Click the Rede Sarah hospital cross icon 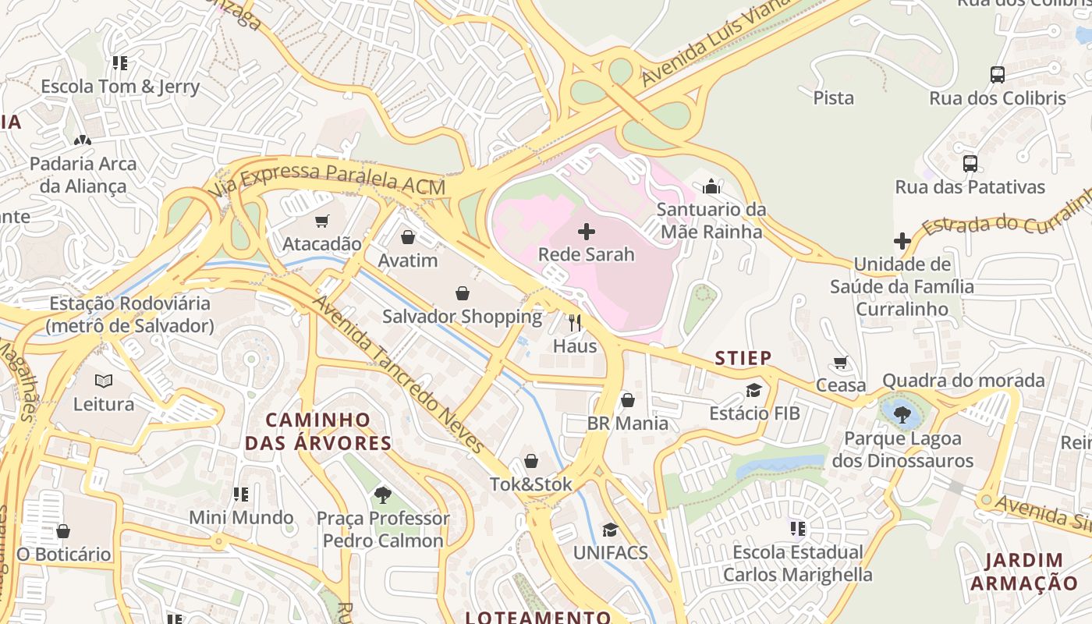point(587,231)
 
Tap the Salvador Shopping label point(462,317)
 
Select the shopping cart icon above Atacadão point(322,221)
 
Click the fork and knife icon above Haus point(575,322)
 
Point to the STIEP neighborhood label point(743,358)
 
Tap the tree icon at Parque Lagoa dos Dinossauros point(902,414)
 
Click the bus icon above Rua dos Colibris point(997,75)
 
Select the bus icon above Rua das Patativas point(970,164)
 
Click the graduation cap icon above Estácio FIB point(753,390)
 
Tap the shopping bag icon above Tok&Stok point(531,461)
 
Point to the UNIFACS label point(610,552)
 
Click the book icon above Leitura point(104,381)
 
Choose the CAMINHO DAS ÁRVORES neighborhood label point(317,431)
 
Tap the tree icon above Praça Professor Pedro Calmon point(382,495)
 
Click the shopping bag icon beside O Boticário point(63,531)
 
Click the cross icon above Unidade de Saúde point(902,241)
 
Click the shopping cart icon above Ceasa point(841,362)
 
